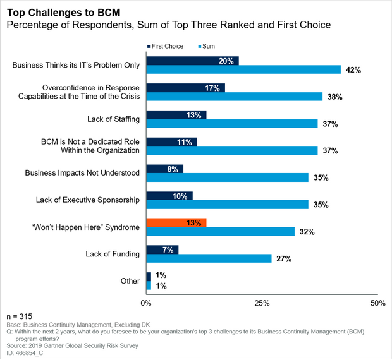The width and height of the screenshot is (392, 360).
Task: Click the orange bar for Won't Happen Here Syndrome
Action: (x=176, y=223)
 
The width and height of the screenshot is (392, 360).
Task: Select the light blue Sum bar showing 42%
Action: (x=243, y=69)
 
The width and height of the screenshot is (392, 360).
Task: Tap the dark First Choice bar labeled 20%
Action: (x=192, y=61)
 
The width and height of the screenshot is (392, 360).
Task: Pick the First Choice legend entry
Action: (x=165, y=47)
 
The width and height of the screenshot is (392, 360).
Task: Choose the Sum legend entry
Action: (x=207, y=47)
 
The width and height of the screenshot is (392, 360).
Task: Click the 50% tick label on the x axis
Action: (x=377, y=303)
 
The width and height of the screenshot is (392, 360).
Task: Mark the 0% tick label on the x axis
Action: (x=146, y=303)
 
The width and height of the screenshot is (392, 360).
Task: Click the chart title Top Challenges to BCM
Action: (x=63, y=13)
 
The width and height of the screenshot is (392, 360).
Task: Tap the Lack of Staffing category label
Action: (x=113, y=119)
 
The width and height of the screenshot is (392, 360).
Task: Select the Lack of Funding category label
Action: (x=113, y=254)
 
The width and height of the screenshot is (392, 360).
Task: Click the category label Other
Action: (x=130, y=281)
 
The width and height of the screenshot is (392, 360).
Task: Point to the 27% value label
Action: (x=284, y=259)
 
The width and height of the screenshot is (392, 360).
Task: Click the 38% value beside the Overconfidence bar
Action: (x=334, y=97)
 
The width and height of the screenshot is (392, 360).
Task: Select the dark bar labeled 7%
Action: (x=162, y=249)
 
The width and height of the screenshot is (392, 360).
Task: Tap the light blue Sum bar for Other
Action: (x=149, y=285)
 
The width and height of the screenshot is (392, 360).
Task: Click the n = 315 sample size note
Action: (x=20, y=316)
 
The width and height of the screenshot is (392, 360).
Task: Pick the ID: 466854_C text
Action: (x=25, y=353)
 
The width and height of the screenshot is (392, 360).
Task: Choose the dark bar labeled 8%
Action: (x=165, y=169)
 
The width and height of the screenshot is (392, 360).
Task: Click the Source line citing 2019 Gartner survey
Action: (x=72, y=345)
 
